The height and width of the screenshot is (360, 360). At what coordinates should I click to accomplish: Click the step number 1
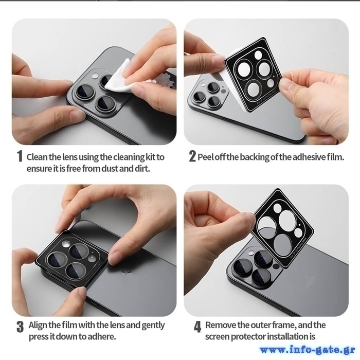20,156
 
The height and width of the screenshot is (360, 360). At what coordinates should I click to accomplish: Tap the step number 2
192,156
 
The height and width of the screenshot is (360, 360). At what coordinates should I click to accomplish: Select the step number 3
20,327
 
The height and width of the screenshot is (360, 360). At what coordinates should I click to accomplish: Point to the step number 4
197,327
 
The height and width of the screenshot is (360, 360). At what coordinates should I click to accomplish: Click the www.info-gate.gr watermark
308,350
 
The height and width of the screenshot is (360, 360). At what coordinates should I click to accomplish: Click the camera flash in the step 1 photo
94,75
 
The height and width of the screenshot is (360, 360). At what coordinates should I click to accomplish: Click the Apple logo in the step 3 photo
127,273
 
